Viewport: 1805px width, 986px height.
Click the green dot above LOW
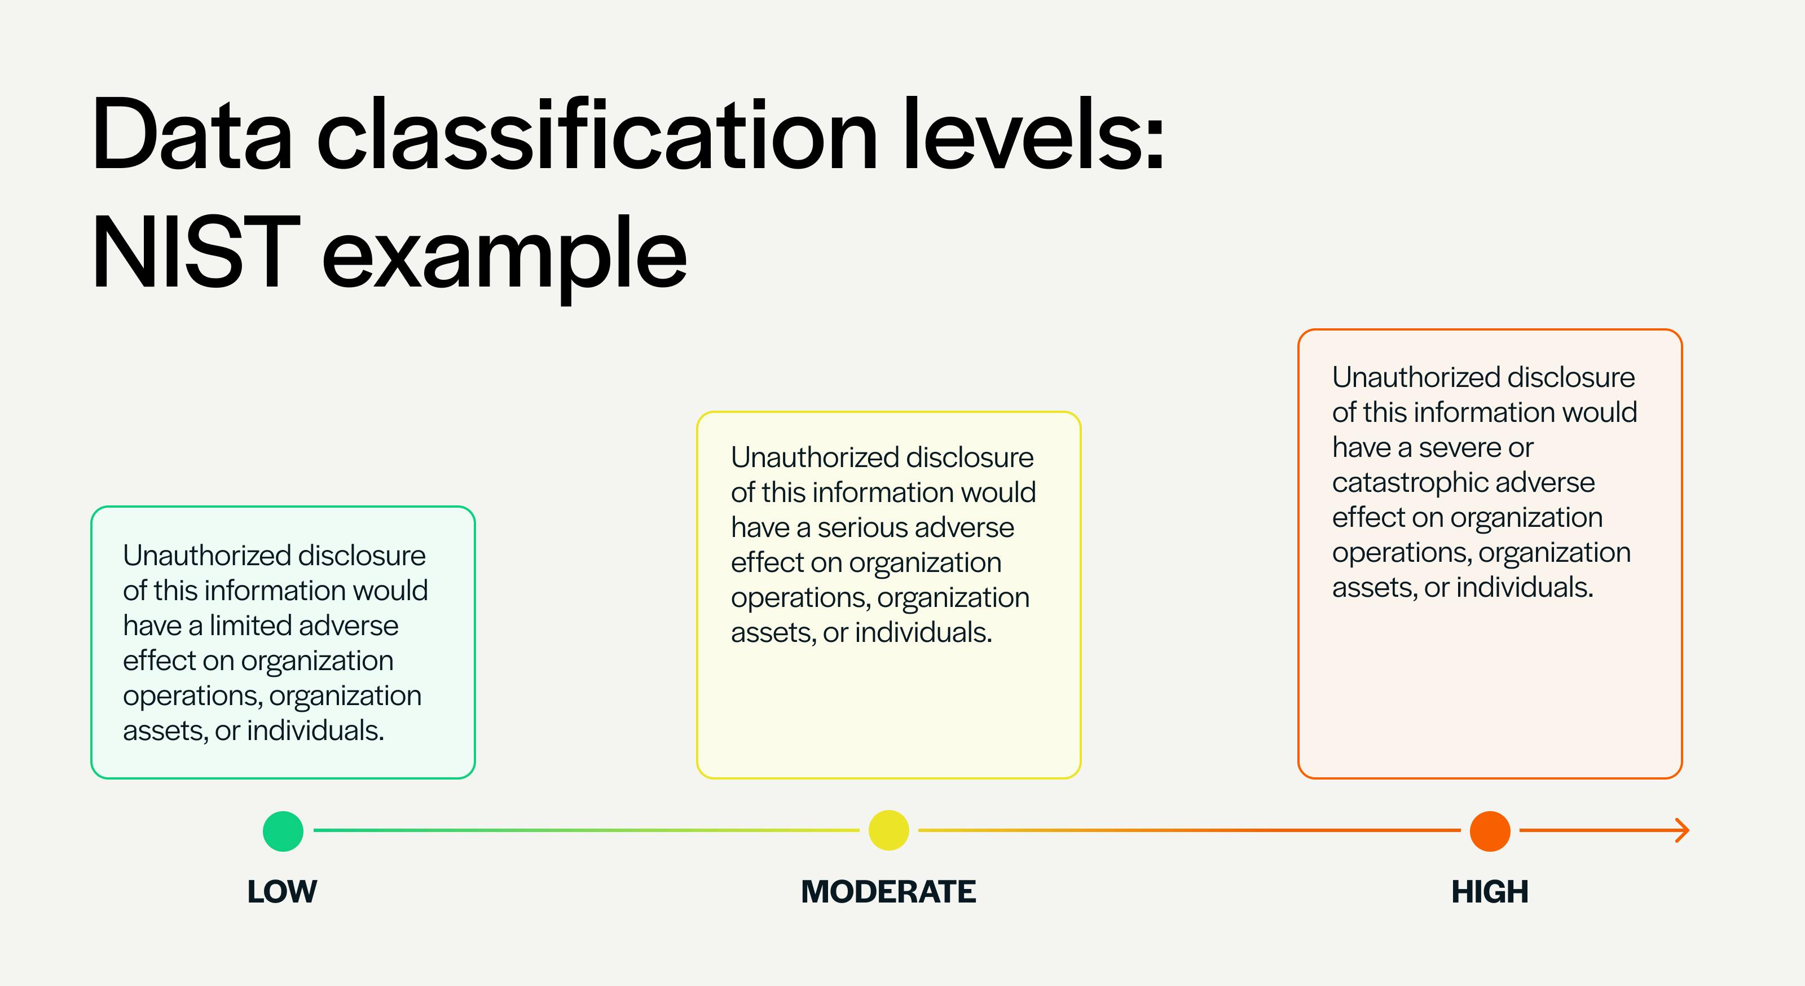(x=283, y=831)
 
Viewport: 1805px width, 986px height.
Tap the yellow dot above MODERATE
(x=888, y=830)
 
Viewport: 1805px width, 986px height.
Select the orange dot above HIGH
(x=1490, y=831)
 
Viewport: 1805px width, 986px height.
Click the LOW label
(x=283, y=891)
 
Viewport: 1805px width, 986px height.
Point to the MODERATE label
(x=888, y=891)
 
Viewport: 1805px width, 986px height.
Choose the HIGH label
(x=1490, y=891)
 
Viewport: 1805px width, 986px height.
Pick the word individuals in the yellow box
(x=923, y=632)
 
